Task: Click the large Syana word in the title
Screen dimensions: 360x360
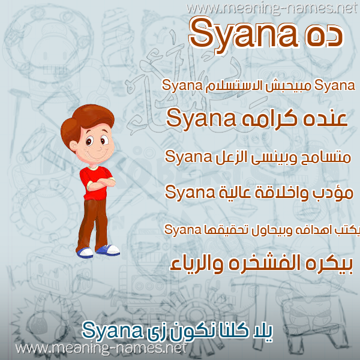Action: pyautogui.click(x=244, y=36)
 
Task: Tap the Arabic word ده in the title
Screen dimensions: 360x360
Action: pyautogui.click(x=324, y=35)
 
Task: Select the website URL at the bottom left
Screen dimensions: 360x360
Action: pyautogui.click(x=101, y=348)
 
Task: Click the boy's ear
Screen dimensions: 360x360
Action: pyautogui.click(x=73, y=146)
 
